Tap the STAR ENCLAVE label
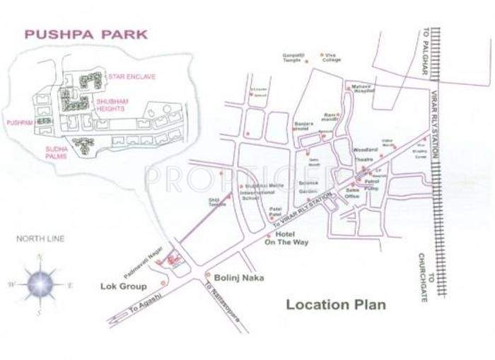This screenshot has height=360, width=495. click(x=131, y=76)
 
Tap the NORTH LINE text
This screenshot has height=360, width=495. click(x=40, y=239)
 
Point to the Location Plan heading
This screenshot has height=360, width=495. click(x=336, y=305)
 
